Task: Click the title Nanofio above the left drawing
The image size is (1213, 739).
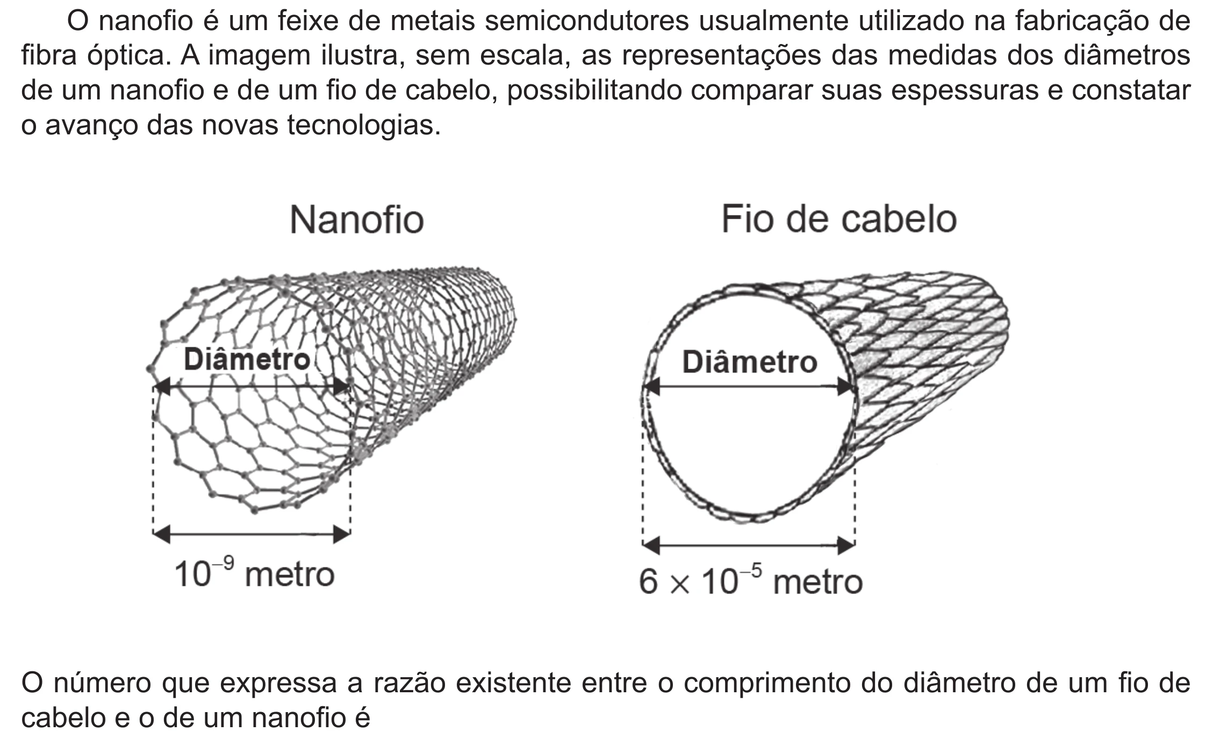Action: pos(357,220)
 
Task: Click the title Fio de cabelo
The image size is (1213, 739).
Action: pos(839,219)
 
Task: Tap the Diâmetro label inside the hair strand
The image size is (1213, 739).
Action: pos(750,361)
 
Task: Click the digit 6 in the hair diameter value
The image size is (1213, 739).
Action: pos(648,582)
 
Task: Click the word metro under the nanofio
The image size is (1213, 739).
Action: pos(290,575)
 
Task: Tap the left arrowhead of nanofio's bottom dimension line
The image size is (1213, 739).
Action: pos(162,534)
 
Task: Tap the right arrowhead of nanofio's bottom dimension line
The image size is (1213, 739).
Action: pos(342,534)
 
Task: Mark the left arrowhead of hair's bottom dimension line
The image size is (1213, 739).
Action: pos(651,546)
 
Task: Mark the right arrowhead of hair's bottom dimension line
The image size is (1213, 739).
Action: pos(846,546)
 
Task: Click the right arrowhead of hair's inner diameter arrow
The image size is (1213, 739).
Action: pos(847,386)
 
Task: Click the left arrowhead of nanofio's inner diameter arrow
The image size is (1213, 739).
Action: pos(162,386)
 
